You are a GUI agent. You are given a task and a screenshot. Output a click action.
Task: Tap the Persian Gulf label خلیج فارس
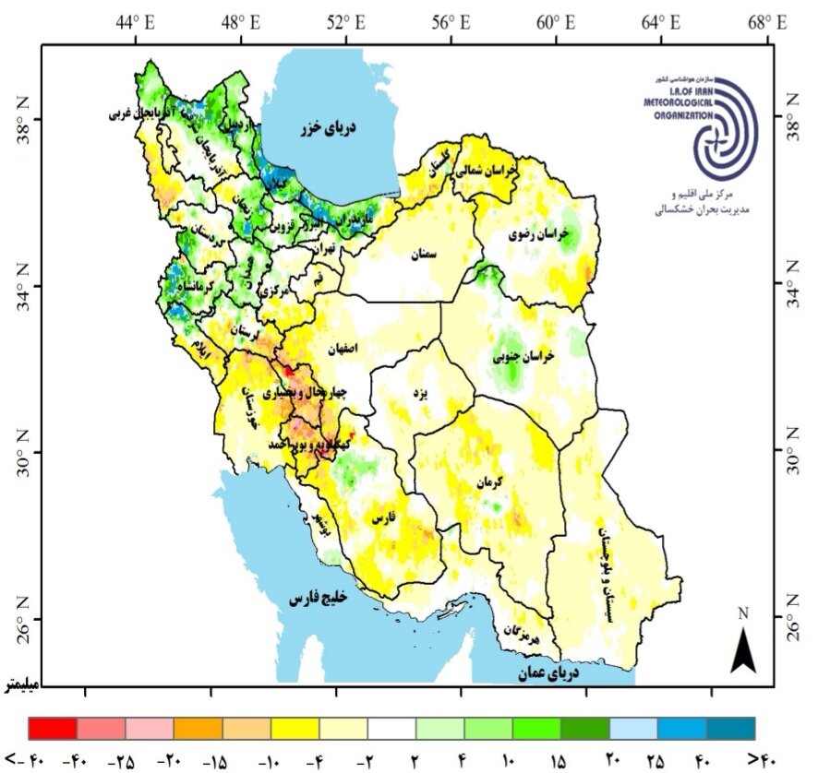coord(317,599)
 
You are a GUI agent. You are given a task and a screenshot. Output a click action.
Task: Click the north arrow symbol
coord(743,645)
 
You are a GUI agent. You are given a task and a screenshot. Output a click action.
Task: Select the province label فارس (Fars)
coord(382,520)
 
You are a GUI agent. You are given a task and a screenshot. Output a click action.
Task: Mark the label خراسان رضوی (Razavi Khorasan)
coord(540,235)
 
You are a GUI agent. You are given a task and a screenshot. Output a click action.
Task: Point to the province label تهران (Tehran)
coord(323,248)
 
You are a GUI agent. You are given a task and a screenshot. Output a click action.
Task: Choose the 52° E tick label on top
coord(345,21)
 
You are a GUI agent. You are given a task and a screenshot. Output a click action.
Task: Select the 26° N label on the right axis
coord(793,618)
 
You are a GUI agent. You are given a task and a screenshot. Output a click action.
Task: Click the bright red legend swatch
coord(54,728)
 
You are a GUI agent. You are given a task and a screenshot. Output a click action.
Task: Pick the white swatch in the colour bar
coord(391,728)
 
